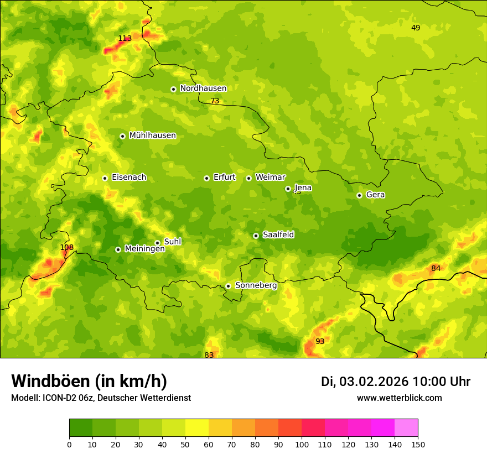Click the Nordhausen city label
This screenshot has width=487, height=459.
[x=203, y=88]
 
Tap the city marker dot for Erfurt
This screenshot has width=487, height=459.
[x=206, y=178]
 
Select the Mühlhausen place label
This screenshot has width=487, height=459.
[x=152, y=135]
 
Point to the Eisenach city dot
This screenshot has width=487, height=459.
[x=105, y=178]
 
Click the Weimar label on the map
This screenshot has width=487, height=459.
[x=270, y=178]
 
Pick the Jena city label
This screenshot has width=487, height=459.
[x=303, y=188]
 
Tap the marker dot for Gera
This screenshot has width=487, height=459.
[x=359, y=195]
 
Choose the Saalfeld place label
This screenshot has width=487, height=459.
[x=278, y=235]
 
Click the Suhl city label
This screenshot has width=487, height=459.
[x=173, y=242]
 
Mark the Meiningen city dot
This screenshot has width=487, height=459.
[x=118, y=249]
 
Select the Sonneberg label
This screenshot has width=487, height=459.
[x=256, y=285]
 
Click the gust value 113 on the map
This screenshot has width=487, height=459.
[x=125, y=38]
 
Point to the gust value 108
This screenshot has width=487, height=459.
[x=66, y=247]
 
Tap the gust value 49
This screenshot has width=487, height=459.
[x=416, y=28]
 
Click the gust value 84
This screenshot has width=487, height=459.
[x=436, y=268]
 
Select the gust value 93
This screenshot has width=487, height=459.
[x=320, y=341]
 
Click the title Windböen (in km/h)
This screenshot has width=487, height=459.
[x=89, y=381]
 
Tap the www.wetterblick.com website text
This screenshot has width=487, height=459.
[x=399, y=398]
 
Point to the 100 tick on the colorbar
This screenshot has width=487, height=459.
[x=302, y=444]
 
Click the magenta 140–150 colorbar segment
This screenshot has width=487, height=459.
[x=406, y=427]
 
